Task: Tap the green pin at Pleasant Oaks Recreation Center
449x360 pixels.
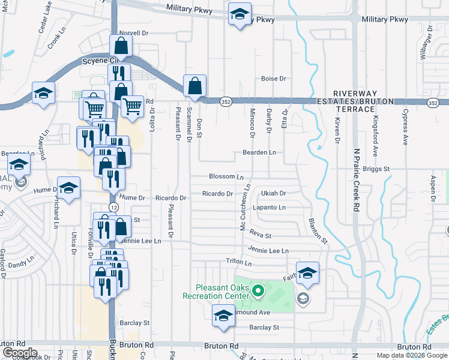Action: [258, 292]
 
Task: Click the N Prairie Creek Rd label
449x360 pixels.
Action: [356, 180]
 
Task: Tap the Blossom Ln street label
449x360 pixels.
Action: [226, 176]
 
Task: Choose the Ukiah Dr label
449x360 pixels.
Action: [274, 194]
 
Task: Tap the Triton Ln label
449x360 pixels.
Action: [238, 262]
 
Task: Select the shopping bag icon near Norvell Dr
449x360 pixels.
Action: [121, 45]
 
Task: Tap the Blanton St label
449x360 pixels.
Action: [318, 230]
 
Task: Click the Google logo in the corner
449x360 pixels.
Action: [20, 353]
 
